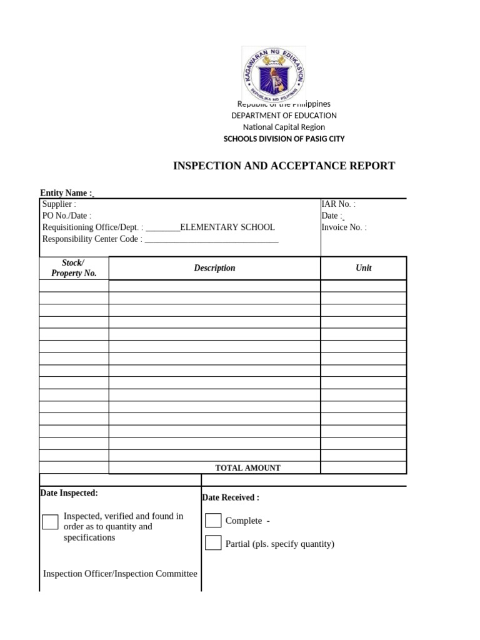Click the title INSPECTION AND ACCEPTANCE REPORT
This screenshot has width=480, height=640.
tap(284, 166)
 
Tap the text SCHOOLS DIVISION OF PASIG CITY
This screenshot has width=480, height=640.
tap(284, 139)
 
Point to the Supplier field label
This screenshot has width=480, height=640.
tap(59, 204)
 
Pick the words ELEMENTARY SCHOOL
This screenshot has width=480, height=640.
tap(227, 227)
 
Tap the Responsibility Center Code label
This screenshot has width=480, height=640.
tap(92, 239)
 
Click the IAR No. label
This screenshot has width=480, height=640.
tap(338, 204)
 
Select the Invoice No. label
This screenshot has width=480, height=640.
tap(344, 227)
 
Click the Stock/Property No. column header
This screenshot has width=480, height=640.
tap(74, 268)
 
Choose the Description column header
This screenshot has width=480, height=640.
tap(214, 268)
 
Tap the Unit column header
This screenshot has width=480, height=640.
tap(363, 268)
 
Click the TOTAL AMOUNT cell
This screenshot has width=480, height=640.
tap(247, 467)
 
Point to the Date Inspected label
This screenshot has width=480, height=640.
tap(69, 493)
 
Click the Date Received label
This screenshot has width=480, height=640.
tap(230, 497)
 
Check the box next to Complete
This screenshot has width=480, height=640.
tap(213, 520)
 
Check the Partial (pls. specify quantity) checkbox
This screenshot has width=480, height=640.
tap(213, 542)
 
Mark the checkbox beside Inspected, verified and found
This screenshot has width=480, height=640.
tap(50, 522)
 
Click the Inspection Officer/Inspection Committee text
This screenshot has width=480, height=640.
tap(120, 574)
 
